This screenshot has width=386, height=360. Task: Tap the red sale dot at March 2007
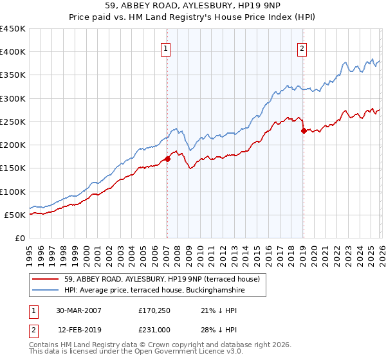[167, 159]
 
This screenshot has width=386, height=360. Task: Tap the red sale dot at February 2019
[303, 130]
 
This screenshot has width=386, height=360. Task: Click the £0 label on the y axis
[19, 238]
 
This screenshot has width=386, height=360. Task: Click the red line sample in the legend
[45, 279]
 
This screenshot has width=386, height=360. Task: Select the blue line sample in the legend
[45, 291]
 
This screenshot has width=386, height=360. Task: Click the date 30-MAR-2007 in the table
[78, 310]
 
